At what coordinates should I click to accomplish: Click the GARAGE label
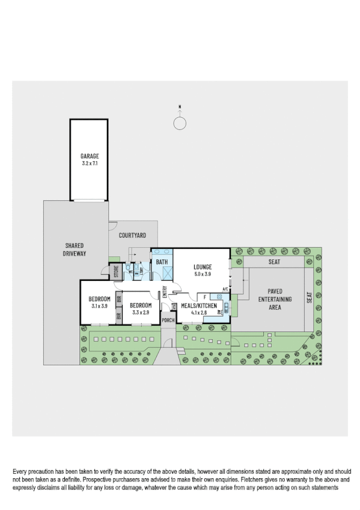point(90,156)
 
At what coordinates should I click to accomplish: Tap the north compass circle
point(179,123)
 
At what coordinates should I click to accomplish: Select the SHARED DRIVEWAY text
point(76,250)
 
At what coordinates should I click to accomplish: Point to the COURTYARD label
point(132,236)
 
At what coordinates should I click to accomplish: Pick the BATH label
point(162,262)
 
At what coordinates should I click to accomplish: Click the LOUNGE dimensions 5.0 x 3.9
point(202,274)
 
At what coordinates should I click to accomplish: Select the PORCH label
point(168,320)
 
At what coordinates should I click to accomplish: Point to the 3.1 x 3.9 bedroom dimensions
point(99,306)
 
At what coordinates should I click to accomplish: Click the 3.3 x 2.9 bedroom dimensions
point(139,312)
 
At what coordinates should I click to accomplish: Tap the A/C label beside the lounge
point(225,289)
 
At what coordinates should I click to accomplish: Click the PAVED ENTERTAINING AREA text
point(275,299)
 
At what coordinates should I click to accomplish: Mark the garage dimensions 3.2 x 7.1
point(90,163)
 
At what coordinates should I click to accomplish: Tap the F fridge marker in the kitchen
point(205,297)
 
